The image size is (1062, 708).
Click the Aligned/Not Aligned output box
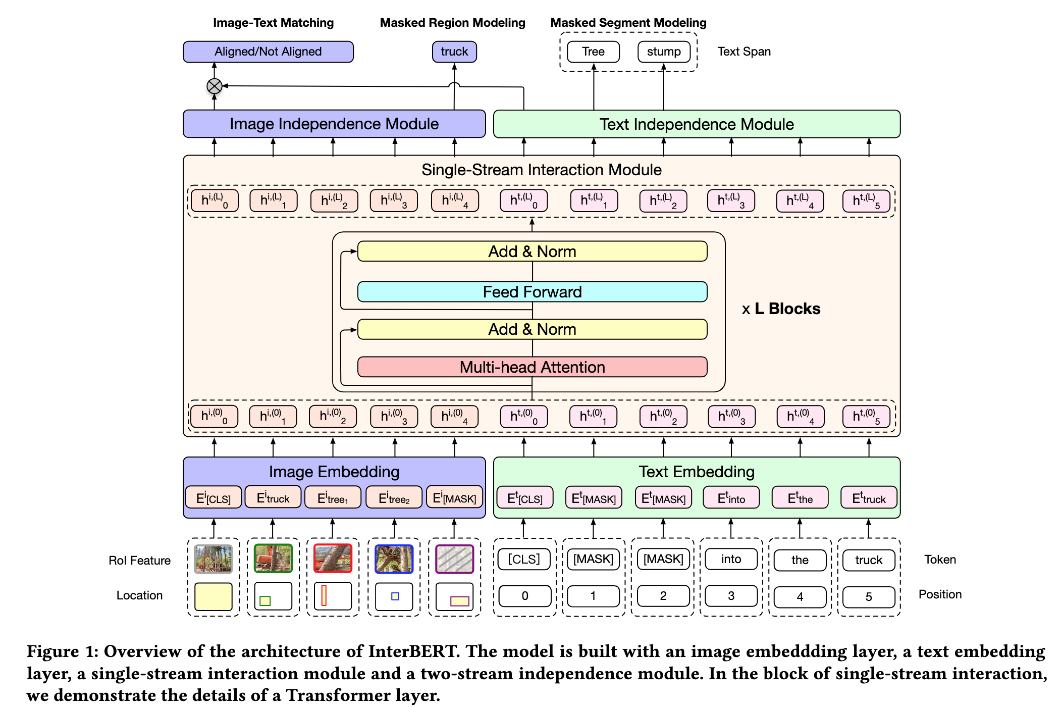268,52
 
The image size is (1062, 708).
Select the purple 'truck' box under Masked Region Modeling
454,52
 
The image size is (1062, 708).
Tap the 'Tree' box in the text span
593,52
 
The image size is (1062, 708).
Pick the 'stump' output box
664,52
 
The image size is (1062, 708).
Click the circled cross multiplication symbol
215,86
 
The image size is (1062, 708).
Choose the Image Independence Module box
334,124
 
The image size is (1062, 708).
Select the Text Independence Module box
697,124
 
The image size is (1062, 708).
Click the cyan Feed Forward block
532,292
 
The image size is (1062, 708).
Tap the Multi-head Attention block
532,367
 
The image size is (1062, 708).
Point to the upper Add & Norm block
532,251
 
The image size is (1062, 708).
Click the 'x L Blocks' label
781,309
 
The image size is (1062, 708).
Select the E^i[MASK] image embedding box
454,498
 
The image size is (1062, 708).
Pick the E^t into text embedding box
731,498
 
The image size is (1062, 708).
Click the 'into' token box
731,559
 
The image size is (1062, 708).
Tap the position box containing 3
731,596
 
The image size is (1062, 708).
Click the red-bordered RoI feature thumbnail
333,559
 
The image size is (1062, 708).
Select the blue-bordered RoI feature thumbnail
394,559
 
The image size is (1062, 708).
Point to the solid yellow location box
214,596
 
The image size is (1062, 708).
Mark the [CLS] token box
524,559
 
